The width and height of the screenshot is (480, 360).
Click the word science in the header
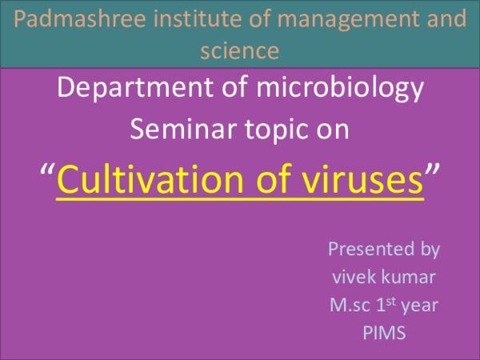click(x=239, y=51)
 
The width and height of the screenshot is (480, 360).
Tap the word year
click(x=418, y=305)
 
